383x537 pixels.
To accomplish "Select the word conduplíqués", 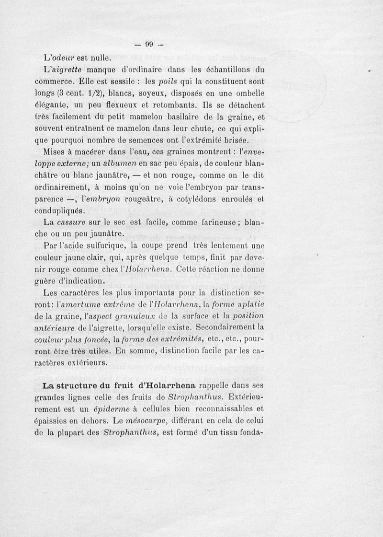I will pyautogui.click(x=60, y=210).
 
